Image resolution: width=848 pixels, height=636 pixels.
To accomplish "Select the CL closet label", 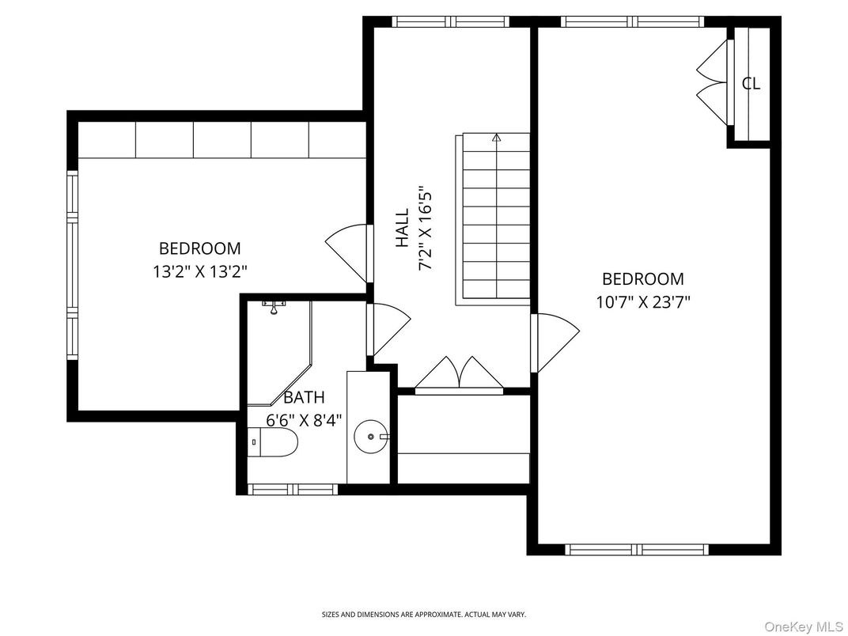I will pyautogui.click(x=751, y=83).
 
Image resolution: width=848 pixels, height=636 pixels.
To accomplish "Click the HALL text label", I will pyautogui.click(x=403, y=227).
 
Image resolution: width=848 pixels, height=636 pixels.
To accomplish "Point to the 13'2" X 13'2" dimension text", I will pyautogui.click(x=200, y=271).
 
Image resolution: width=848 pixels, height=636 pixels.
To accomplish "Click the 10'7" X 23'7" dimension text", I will pyautogui.click(x=643, y=301).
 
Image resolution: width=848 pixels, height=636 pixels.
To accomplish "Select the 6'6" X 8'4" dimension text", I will pyautogui.click(x=305, y=420).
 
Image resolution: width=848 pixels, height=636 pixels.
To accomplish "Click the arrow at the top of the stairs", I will pyautogui.click(x=497, y=138).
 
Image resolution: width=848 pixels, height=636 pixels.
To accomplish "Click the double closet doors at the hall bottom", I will pyautogui.click(x=460, y=374).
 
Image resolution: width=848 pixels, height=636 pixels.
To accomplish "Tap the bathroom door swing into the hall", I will pyautogui.click(x=388, y=328).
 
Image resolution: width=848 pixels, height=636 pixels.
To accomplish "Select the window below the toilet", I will pyautogui.click(x=293, y=489).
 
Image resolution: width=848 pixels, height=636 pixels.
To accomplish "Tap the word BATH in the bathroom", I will pyautogui.click(x=304, y=397).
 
